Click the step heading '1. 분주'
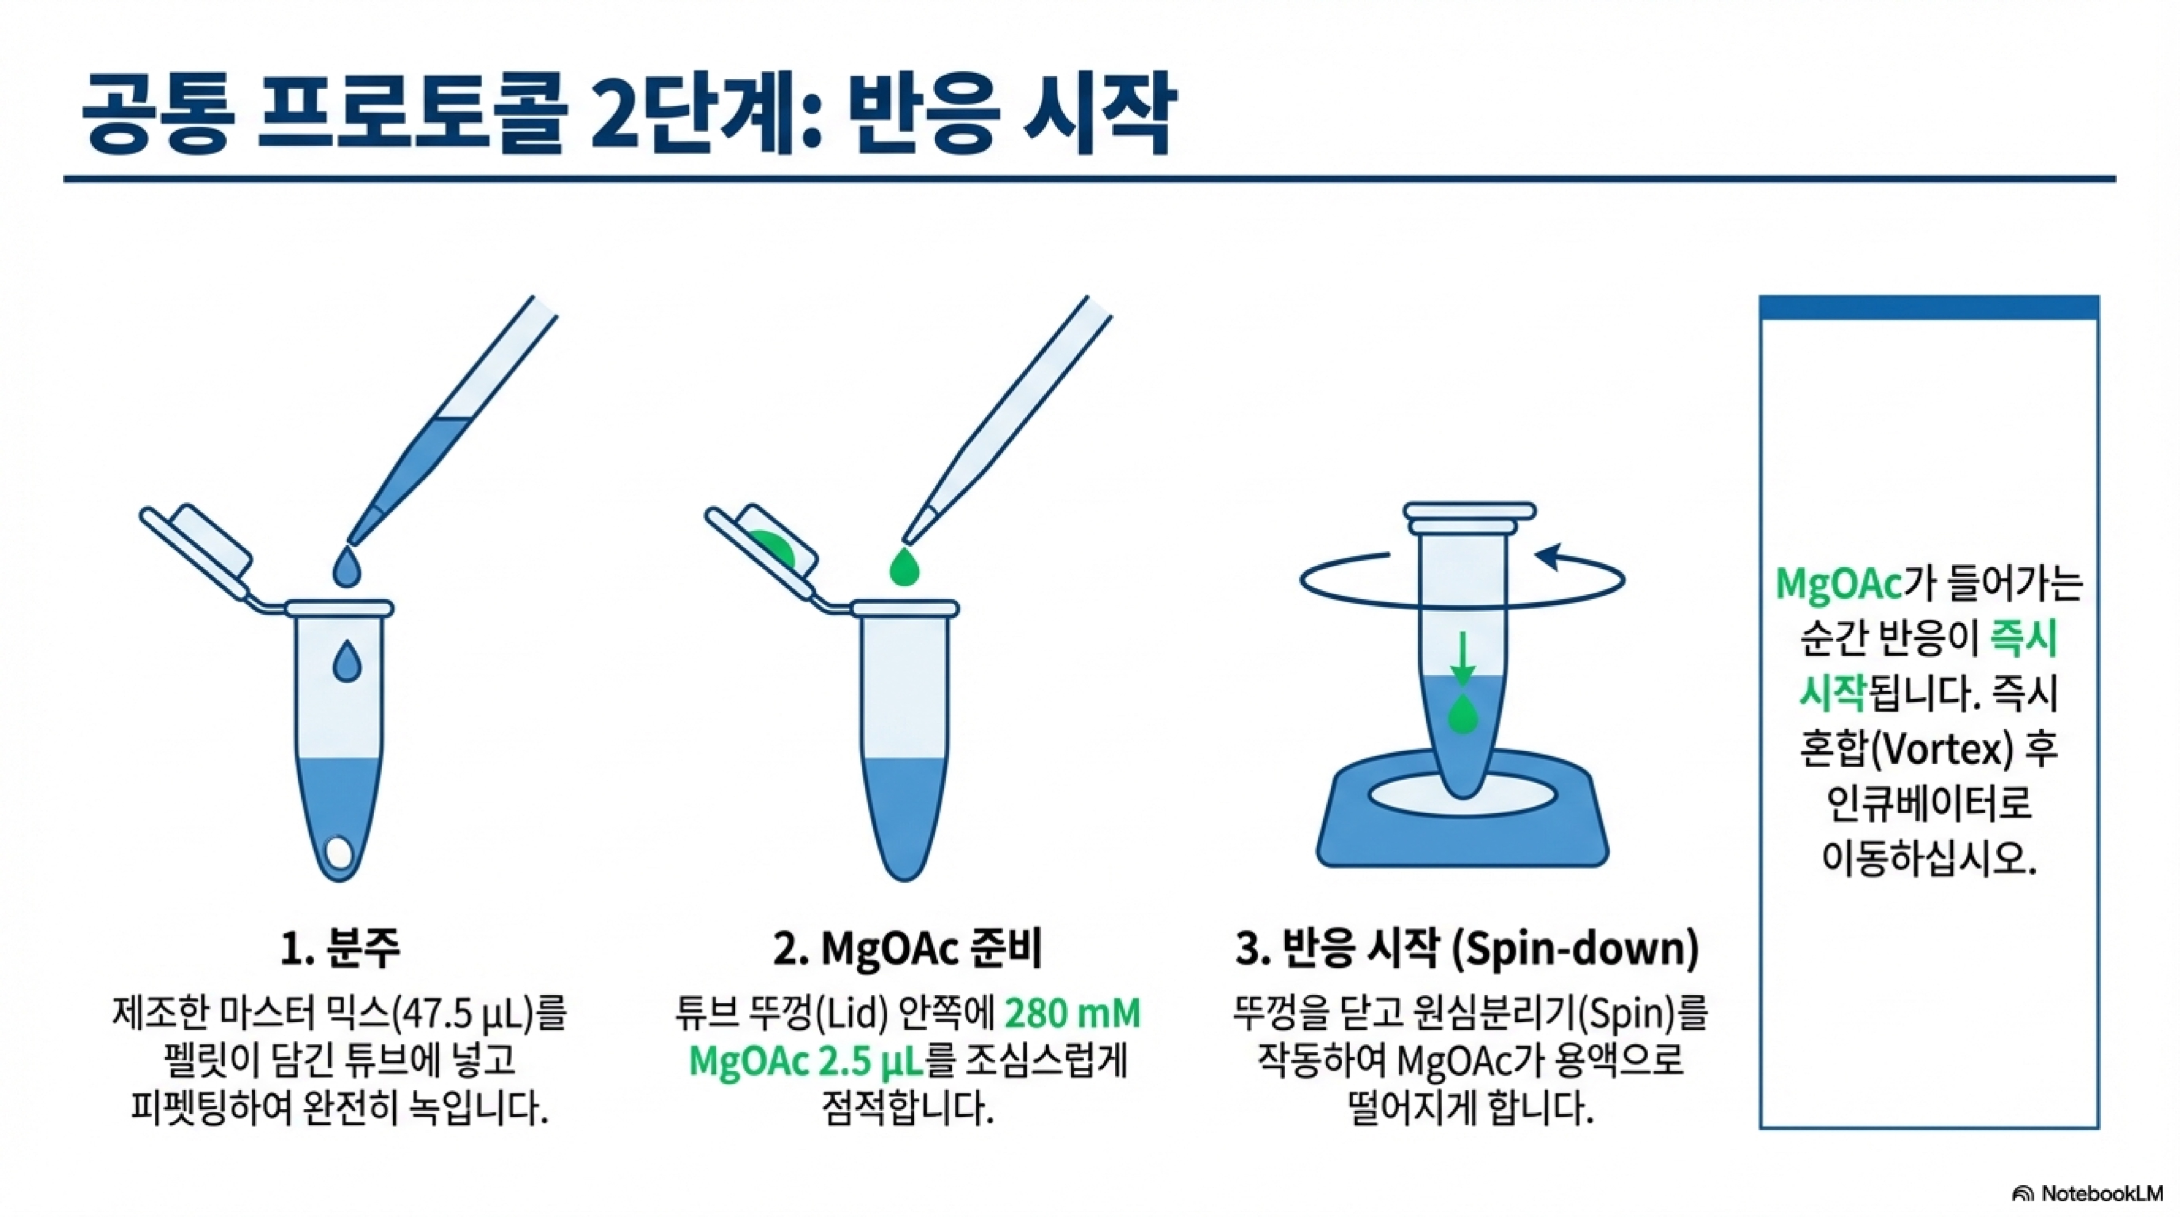tap(340, 949)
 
